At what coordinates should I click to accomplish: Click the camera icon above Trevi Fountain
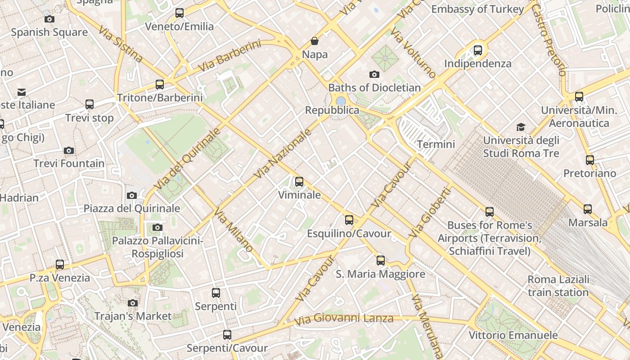(69, 150)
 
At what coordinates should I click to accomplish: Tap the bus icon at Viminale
(299, 182)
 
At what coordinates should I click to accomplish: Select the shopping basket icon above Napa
(315, 41)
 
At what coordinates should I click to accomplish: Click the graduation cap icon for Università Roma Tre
(521, 127)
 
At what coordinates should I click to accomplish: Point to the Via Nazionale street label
(283, 153)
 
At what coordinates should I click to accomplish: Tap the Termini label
(436, 144)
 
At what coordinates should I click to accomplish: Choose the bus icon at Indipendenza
(478, 50)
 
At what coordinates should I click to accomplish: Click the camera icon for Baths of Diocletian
(374, 74)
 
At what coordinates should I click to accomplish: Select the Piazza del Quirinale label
(132, 208)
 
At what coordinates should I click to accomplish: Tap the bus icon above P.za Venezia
(60, 265)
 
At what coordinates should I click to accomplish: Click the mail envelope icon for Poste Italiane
(22, 92)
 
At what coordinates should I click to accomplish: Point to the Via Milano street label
(234, 229)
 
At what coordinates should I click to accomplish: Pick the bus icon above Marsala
(587, 209)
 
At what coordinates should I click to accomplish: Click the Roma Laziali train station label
(558, 286)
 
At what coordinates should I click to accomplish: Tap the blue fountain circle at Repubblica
(341, 101)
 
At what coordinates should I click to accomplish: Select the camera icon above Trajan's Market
(132, 303)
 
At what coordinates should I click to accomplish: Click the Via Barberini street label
(229, 56)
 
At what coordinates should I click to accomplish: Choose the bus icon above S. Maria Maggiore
(381, 260)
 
